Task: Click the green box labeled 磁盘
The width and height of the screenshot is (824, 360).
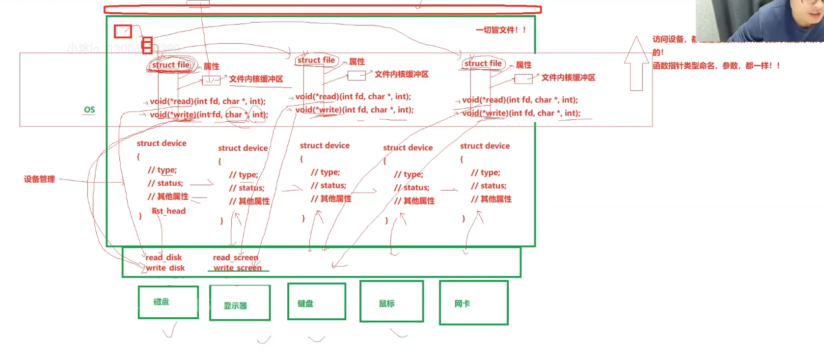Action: [x=168, y=302]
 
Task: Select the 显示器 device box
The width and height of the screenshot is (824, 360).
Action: [x=240, y=303]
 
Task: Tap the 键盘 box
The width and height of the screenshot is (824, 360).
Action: [x=316, y=302]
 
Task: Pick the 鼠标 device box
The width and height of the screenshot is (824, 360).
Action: [x=391, y=302]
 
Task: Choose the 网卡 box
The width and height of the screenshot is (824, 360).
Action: [x=473, y=303]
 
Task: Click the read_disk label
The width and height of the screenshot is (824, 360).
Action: [x=164, y=257]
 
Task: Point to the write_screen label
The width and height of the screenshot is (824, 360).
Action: [x=238, y=268]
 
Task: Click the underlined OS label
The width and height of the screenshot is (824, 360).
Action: [x=89, y=110]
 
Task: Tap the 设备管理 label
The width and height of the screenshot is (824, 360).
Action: [x=39, y=179]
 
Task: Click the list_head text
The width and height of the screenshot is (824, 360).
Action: [x=168, y=211]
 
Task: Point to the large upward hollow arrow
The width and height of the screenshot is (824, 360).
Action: [x=636, y=64]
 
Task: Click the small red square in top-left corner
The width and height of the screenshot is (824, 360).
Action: [x=123, y=31]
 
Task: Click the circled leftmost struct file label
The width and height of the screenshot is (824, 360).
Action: [x=171, y=65]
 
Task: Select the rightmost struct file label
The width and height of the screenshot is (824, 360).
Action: [x=483, y=63]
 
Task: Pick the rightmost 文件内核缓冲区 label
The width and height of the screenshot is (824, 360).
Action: [x=568, y=78]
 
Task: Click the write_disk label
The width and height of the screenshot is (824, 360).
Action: [x=165, y=268]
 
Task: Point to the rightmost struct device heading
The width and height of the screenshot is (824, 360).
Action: [x=485, y=146]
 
